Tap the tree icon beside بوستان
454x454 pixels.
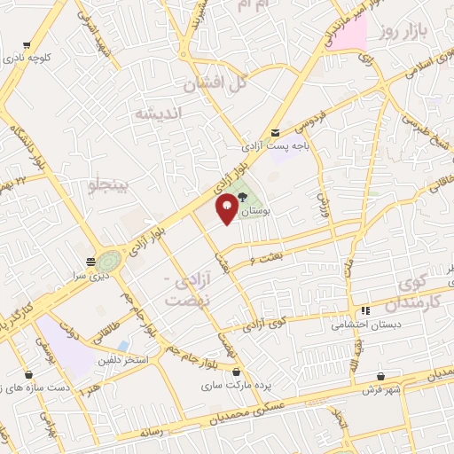(x=243, y=200)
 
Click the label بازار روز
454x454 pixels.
(x=403, y=31)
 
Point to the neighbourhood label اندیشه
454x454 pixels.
(x=158, y=114)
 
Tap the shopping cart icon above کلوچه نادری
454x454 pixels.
(x=27, y=45)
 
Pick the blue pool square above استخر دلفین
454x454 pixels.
(x=123, y=344)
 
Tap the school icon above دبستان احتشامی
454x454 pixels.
(x=364, y=311)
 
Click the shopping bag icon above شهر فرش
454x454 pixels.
(x=381, y=376)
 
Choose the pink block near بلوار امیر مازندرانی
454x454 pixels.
(x=350, y=33)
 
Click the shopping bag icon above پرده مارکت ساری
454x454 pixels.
(x=235, y=372)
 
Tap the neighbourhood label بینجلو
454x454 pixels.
(x=109, y=184)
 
